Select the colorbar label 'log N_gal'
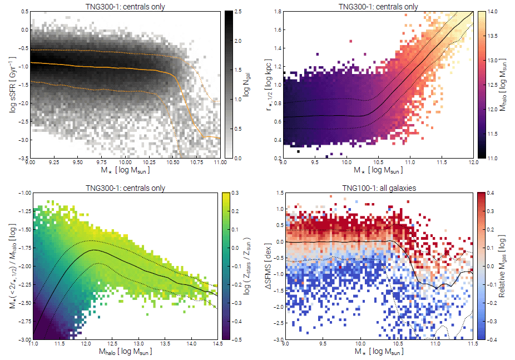tap(247, 84)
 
